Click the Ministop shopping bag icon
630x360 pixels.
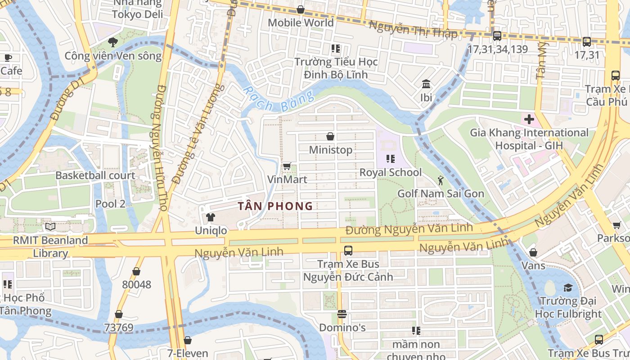point(330,136)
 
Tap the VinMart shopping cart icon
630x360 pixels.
point(287,166)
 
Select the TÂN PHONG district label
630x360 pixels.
point(275,206)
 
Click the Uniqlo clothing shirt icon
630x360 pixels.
point(210,217)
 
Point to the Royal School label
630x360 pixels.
point(390,172)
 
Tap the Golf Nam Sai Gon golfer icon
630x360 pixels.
point(440,180)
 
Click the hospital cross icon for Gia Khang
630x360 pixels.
point(529,120)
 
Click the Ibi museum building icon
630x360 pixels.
point(426,84)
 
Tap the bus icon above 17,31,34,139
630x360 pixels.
point(497,36)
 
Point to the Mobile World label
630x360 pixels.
point(301,22)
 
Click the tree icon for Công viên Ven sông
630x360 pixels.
point(112,43)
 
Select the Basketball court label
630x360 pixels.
point(95,175)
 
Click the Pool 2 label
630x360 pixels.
point(110,203)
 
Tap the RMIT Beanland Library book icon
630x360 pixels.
point(50,227)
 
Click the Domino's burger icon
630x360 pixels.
point(342,314)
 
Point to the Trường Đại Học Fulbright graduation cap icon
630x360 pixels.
point(568,288)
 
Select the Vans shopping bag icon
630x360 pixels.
point(533,253)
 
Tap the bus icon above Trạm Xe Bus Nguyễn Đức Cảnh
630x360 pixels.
point(348,251)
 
